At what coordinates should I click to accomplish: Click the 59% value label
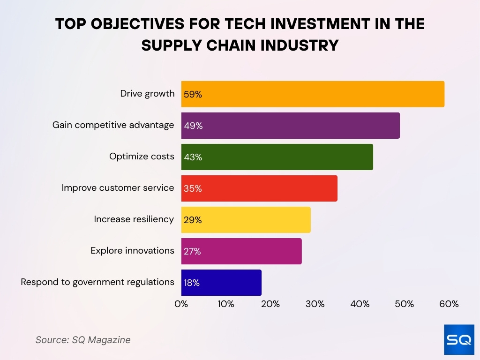(x=193, y=94)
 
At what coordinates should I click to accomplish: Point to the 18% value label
(x=192, y=283)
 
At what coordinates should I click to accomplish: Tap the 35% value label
(x=193, y=188)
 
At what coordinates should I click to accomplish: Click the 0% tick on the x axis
(x=181, y=304)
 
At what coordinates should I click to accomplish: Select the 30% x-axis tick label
(x=315, y=304)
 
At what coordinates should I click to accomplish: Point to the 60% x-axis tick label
(x=449, y=304)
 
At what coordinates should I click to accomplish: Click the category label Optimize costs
(x=142, y=157)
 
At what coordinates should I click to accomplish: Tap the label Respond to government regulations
(x=97, y=282)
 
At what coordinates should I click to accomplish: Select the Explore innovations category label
(x=132, y=250)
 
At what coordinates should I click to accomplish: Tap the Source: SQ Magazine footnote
(x=83, y=340)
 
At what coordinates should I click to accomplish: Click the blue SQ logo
(x=459, y=339)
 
